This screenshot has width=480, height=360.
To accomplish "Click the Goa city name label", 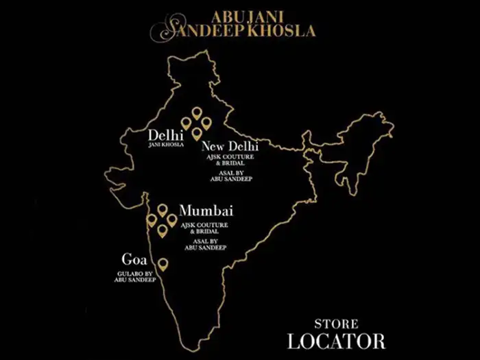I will (x=133, y=260).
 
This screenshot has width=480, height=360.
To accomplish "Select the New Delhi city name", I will (x=229, y=146).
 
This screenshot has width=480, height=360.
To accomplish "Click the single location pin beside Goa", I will (x=163, y=264).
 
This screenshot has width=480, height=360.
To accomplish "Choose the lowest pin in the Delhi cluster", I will (x=197, y=133).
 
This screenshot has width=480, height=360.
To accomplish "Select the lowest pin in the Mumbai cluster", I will (x=163, y=231).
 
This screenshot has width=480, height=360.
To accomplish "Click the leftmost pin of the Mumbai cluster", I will (x=152, y=220).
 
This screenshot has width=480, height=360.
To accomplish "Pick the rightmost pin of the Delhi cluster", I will (x=206, y=123).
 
